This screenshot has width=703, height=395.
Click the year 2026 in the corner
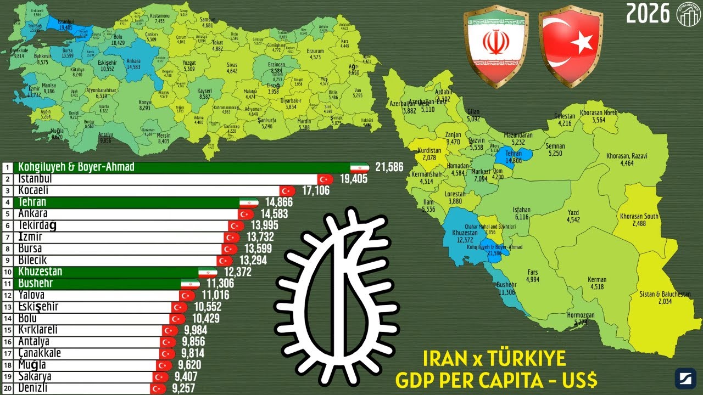click(648, 13)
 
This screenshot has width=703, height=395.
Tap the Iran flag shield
click(495, 47)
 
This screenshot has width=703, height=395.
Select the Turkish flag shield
click(571, 47)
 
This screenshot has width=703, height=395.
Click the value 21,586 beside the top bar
click(389, 167)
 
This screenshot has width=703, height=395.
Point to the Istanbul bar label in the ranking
click(35, 179)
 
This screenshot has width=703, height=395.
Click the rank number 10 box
click(8, 272)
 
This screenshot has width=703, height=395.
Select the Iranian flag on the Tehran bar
click(249, 202)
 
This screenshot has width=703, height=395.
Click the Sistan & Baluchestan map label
click(665, 295)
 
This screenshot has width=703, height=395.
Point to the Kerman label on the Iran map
click(597, 280)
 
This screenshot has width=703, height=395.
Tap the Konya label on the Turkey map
click(145, 102)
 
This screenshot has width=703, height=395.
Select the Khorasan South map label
click(639, 216)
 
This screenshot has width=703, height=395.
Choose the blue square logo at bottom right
click(685, 379)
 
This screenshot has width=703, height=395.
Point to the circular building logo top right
click(688, 13)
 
